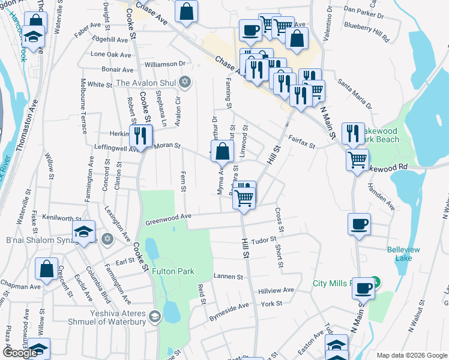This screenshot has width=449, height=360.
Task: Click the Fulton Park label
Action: pyautogui.click(x=173, y=271)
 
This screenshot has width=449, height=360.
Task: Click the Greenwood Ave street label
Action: pyautogui.click(x=168, y=220)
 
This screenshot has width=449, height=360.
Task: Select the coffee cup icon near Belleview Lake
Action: pyautogui.click(x=359, y=224)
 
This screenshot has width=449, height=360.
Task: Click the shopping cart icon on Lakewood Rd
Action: pyautogui.click(x=357, y=160)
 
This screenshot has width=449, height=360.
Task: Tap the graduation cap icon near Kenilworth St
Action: pyautogui.click(x=83, y=231)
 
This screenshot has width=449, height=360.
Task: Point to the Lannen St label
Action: pyautogui.click(x=228, y=277)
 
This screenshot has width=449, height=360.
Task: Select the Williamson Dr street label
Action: pyautogui.click(x=164, y=64)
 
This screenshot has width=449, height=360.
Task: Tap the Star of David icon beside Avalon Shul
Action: pyautogui.click(x=185, y=82)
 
